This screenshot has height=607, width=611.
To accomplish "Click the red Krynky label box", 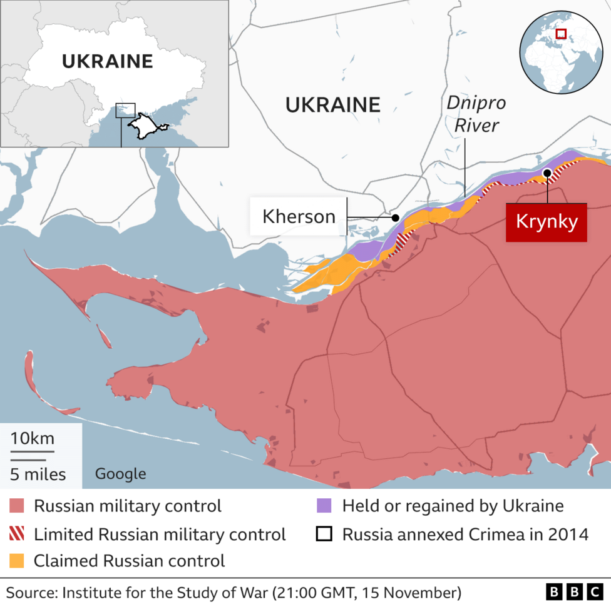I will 546,222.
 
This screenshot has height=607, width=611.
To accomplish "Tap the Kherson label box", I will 299,216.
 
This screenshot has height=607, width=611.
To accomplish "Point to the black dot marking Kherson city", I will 395,218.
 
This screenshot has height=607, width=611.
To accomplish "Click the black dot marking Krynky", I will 547,173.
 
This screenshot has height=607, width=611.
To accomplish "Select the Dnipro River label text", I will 476,114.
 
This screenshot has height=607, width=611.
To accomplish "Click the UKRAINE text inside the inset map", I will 107,61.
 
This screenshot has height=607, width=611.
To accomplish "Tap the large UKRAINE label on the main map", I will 332,104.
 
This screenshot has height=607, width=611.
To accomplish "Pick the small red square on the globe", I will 561,34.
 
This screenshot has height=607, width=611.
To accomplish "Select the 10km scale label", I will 32,438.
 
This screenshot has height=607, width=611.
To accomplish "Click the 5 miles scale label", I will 38,474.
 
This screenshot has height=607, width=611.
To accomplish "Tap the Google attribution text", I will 120,474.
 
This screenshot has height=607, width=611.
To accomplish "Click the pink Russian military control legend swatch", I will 17,506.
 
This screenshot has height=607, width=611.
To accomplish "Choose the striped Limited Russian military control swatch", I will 17,534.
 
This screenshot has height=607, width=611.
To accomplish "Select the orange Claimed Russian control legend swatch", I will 17,561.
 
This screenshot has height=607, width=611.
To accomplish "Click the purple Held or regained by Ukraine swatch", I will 324,506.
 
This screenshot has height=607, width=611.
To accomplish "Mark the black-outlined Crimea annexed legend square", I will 324,534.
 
